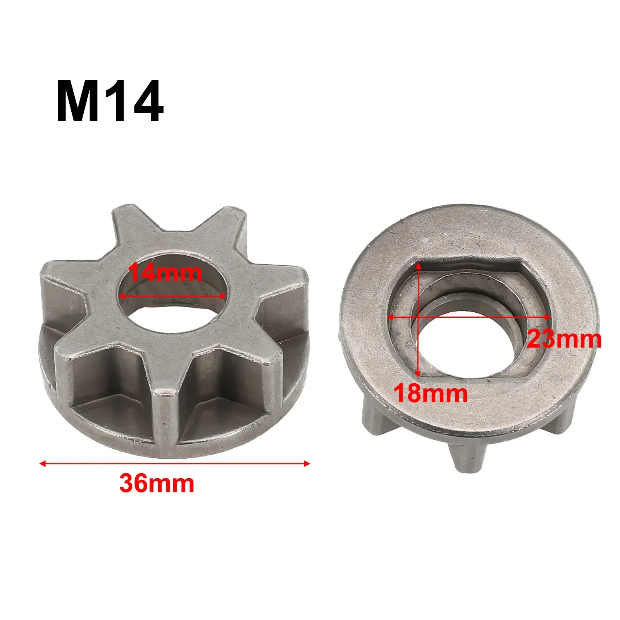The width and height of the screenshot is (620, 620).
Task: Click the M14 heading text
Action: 110,102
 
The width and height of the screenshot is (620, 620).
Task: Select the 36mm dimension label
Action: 157,483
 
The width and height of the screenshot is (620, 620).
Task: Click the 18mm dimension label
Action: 431,393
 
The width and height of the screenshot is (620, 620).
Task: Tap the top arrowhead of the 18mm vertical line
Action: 418,265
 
